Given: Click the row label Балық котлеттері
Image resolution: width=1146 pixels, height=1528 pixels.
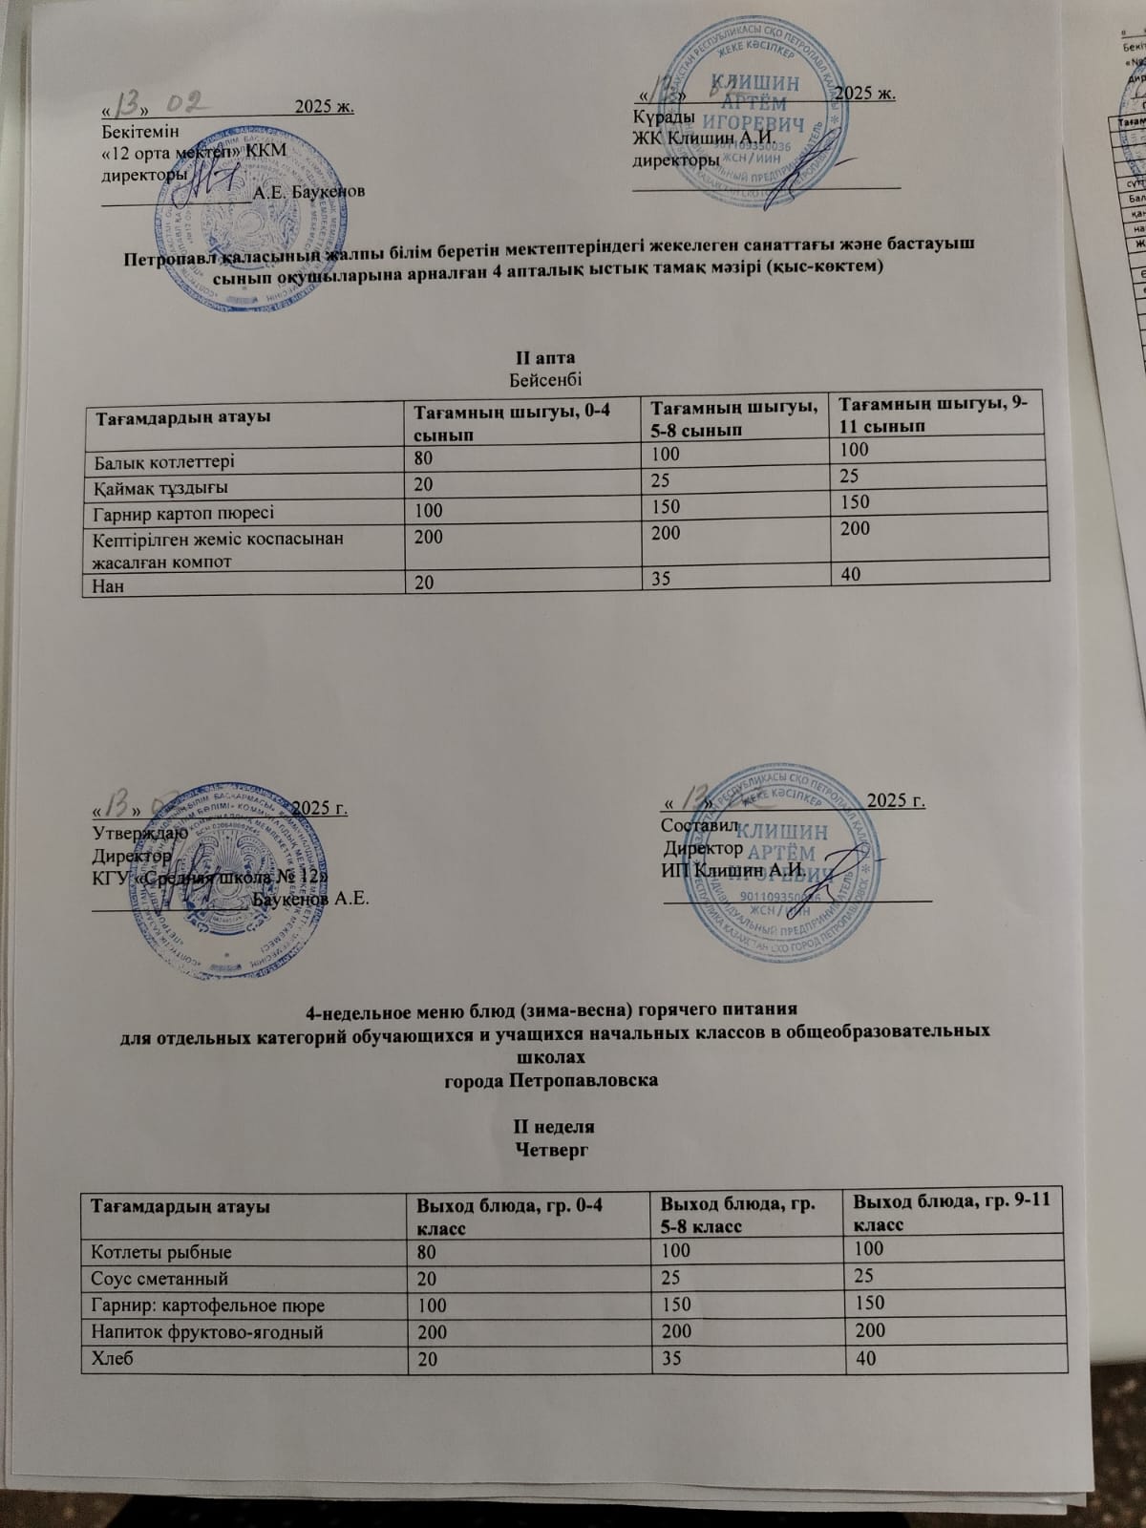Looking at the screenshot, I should (164, 460).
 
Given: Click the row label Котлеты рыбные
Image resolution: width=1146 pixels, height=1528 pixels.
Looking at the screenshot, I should (161, 1250).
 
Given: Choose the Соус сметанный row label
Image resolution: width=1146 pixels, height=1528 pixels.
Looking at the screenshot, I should (159, 1277).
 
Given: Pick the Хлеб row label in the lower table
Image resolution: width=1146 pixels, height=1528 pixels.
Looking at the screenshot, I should (112, 1359).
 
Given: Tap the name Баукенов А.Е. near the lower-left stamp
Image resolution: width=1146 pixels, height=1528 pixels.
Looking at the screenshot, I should (311, 899).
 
